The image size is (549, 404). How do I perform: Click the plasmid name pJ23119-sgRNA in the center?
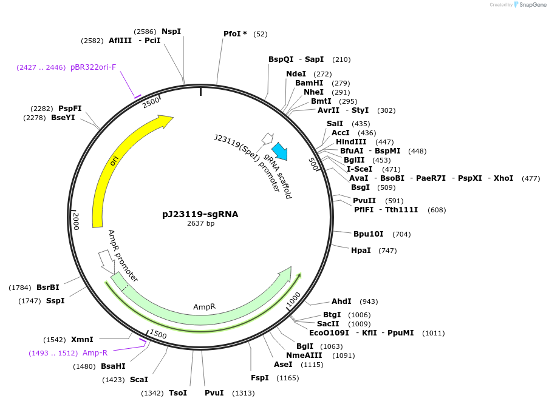[x=200, y=214]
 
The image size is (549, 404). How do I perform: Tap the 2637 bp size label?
[x=200, y=223]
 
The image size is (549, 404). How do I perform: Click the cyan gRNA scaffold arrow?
[x=279, y=151]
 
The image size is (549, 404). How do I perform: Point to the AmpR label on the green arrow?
[x=205, y=307]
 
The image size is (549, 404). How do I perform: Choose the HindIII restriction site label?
[x=351, y=141]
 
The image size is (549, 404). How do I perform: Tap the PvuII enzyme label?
[x=364, y=201]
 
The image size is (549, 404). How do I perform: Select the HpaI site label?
[x=361, y=250]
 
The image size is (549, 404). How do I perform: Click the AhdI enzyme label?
[x=341, y=301]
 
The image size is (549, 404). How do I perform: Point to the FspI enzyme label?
[x=260, y=378]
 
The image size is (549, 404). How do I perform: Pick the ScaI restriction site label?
[x=139, y=380]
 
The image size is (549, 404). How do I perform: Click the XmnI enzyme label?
[x=82, y=340]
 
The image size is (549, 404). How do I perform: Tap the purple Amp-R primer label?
[x=95, y=353]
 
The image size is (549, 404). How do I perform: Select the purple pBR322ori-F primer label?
[x=94, y=67]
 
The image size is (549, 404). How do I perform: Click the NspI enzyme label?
[x=171, y=32]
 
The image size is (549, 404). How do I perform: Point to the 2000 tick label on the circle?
[x=76, y=221]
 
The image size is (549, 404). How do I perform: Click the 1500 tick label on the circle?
[x=157, y=334]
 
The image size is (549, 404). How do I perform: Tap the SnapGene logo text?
[x=533, y=5]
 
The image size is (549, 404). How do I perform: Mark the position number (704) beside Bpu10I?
[x=401, y=234]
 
